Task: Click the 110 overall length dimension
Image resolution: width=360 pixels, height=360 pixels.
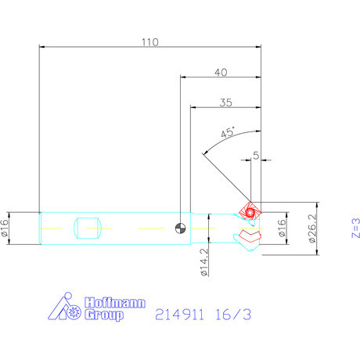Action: tap(149, 42)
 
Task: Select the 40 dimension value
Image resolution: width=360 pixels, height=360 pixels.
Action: tap(220, 72)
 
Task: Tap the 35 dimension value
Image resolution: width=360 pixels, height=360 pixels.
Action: tap(225, 102)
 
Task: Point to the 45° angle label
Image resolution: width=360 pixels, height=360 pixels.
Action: tap(229, 133)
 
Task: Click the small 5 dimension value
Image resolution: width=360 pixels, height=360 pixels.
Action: tap(256, 156)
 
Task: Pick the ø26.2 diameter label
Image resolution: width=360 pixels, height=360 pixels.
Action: tap(312, 229)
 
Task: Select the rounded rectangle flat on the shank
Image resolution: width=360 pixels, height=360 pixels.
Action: tap(88, 229)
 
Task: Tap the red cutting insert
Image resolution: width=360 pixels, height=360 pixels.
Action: tap(250, 211)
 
